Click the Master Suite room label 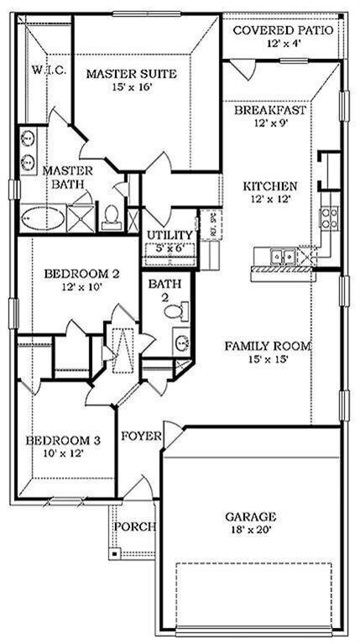(x=132, y=74)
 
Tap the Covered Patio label (x=282, y=31)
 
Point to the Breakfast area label (x=269, y=110)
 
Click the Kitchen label (x=269, y=186)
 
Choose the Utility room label (x=170, y=235)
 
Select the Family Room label (x=268, y=345)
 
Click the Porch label (x=134, y=526)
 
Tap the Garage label (x=250, y=517)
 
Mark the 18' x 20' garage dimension (x=250, y=531)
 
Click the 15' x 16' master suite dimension (x=132, y=88)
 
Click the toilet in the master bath (x=110, y=217)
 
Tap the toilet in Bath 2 (x=174, y=312)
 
